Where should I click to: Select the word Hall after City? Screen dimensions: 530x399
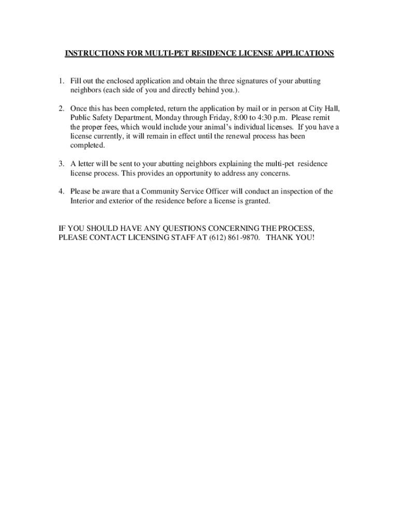[332, 109]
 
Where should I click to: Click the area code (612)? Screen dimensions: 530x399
[218, 237]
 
